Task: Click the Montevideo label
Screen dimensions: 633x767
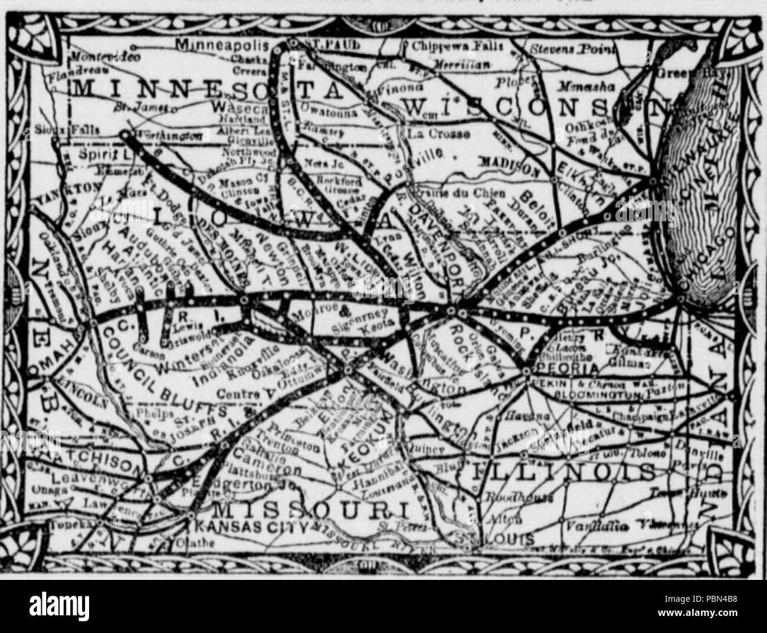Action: [104, 56]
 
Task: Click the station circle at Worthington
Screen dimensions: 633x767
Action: [124, 135]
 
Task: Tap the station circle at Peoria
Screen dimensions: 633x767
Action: [526, 371]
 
